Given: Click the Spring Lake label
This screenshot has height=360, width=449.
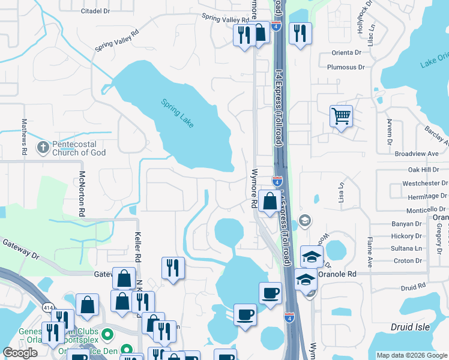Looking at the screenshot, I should pos(178,112).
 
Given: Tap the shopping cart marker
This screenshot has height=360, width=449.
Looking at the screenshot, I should pos(341,116).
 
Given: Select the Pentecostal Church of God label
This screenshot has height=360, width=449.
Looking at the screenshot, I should pos(79,148).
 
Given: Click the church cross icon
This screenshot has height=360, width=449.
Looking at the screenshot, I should pos(43,147).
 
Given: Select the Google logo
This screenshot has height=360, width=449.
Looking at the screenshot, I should pos(20,353).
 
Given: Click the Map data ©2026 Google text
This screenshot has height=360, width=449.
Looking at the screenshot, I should pos(411,355).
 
